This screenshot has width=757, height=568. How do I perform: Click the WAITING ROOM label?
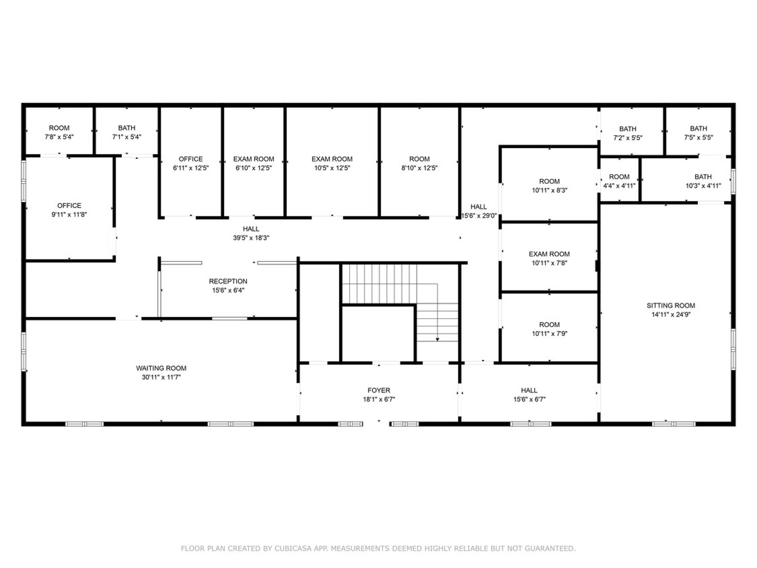coord(161,368)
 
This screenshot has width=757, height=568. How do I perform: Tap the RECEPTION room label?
coord(228,281)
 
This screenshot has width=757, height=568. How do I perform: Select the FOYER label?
coord(379,390)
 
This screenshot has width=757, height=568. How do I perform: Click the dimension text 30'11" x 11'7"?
coord(161,377)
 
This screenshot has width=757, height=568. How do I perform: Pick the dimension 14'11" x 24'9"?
coord(671,315)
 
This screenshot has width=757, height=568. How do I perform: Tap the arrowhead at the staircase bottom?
coord(437,340)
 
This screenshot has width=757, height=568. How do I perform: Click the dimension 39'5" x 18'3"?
coord(251,238)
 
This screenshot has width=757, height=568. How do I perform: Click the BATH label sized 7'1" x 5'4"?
coord(127,128)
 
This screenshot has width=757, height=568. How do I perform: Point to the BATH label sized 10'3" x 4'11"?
coord(703,177)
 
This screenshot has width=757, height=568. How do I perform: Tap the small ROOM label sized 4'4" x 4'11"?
coord(619,177)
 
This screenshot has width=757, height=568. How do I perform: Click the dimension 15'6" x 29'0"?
coord(479,216)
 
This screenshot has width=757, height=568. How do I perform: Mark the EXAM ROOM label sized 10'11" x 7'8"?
coord(549,254)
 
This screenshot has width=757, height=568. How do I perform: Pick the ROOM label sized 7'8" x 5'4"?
coord(59,128)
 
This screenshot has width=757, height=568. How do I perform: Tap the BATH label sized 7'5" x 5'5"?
coord(699,128)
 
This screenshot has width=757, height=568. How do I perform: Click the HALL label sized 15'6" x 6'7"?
coord(529,390)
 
